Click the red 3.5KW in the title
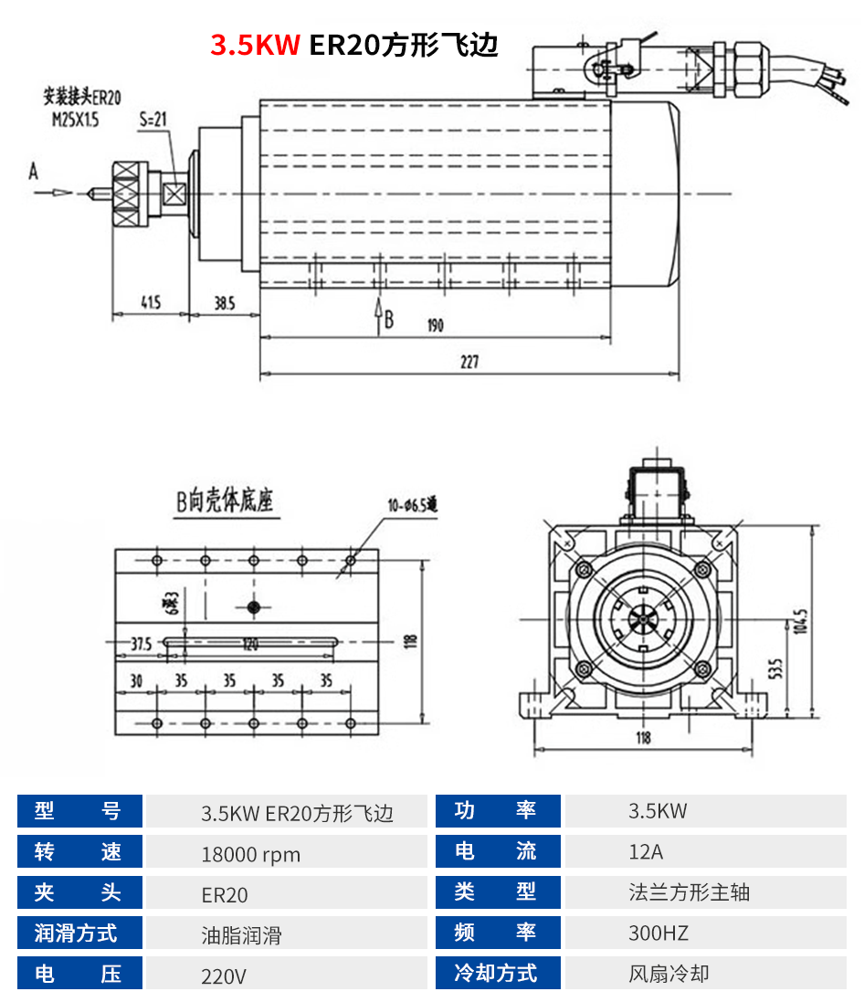coord(255,46)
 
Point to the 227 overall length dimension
coord(469,363)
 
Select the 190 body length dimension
coord(434,325)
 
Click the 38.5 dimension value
coord(224,302)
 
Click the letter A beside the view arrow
coord(34,171)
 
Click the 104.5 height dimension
coord(802,621)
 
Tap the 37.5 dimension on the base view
coord(140,643)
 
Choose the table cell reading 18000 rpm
coord(250,854)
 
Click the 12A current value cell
coord(646,852)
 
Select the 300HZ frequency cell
coord(659,933)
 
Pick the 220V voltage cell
coord(224,976)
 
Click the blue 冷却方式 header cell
coord(497,973)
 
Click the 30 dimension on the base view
coord(136,681)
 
